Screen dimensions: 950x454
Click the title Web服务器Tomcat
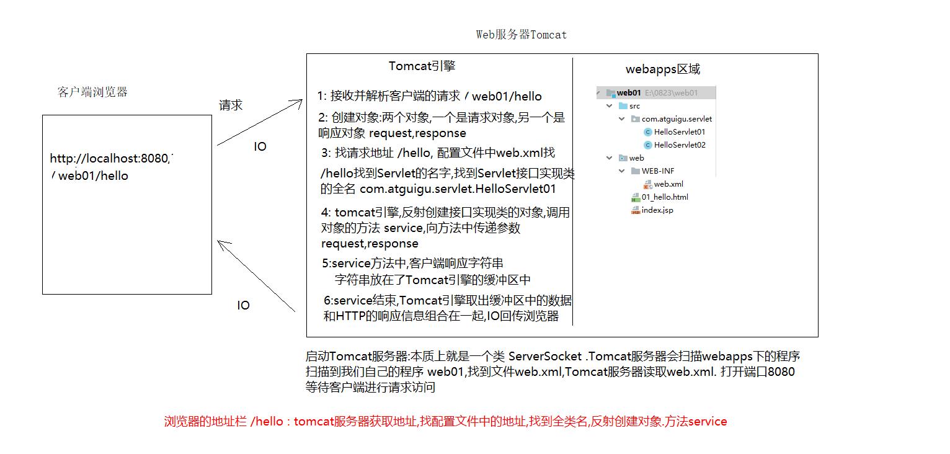tap(521, 35)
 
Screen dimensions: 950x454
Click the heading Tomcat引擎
tap(422, 66)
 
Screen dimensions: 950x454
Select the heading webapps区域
tap(663, 69)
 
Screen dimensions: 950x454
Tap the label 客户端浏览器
tap(92, 92)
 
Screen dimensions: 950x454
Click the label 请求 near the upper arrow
tap(231, 105)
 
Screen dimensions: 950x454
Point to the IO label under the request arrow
tap(260, 147)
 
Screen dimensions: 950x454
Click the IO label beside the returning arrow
tap(243, 306)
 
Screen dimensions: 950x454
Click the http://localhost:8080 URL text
tap(109, 159)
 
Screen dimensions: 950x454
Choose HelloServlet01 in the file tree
tap(679, 132)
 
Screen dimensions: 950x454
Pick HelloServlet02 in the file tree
tap(679, 145)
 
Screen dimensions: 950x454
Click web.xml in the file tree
tap(668, 184)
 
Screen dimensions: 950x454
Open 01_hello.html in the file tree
tap(664, 197)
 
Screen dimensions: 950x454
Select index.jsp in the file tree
tap(657, 210)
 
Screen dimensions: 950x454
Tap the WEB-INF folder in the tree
tap(657, 171)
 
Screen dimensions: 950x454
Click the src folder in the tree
tap(634, 106)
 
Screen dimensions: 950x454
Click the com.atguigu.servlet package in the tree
tap(676, 119)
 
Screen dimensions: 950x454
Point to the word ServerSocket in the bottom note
tap(545, 357)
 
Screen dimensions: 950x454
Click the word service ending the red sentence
tap(708, 422)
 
